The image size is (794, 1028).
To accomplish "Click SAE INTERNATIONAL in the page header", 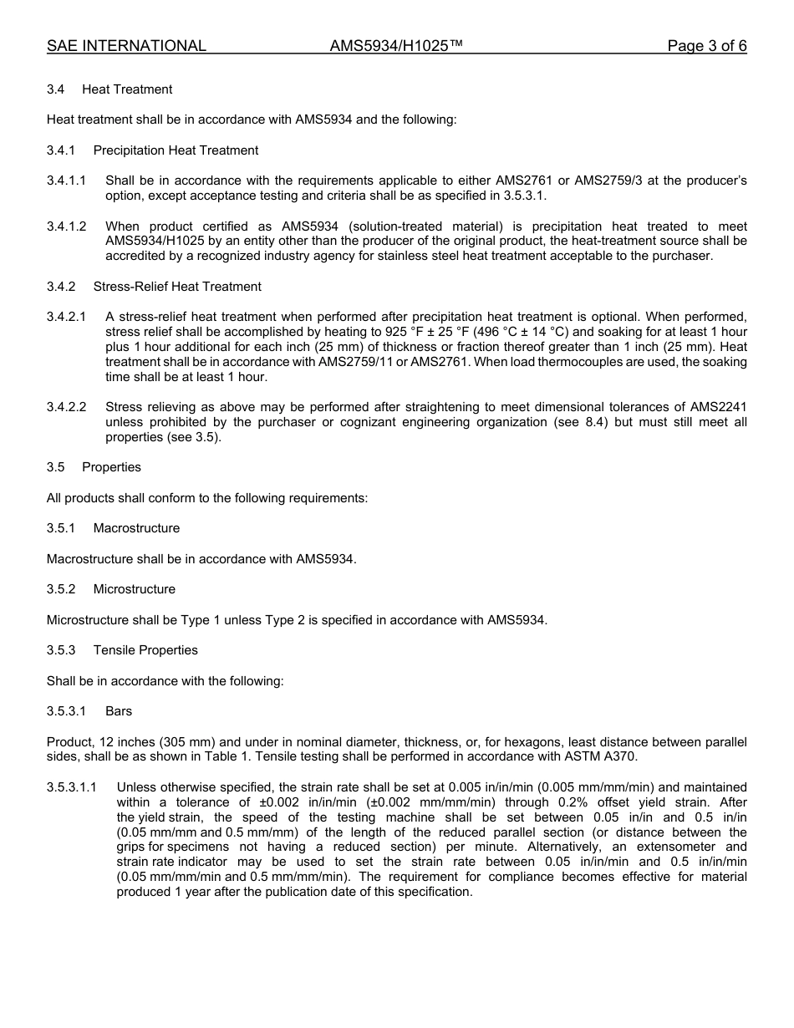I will click(x=126, y=47).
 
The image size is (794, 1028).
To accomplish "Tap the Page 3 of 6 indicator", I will click(x=706, y=47).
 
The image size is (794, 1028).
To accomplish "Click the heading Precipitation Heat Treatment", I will click(x=176, y=150).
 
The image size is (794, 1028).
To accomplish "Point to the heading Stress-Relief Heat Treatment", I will click(x=177, y=287).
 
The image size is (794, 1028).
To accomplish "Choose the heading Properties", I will click(x=111, y=467).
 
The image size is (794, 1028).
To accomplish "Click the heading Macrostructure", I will click(x=136, y=528).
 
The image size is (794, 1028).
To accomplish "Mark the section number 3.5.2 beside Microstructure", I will click(x=61, y=589).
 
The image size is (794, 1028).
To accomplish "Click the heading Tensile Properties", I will click(x=145, y=650).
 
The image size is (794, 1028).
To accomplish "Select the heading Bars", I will click(x=119, y=711).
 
